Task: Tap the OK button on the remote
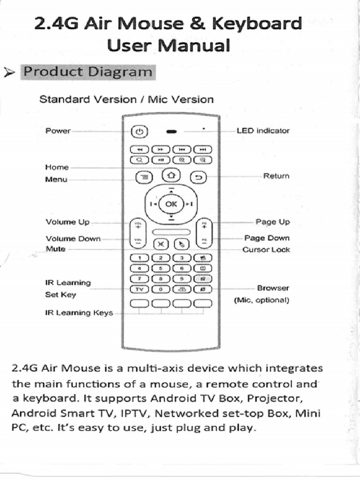click(x=172, y=204)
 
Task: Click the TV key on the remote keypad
click(x=139, y=290)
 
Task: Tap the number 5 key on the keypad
click(x=161, y=268)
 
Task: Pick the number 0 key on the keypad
click(x=161, y=290)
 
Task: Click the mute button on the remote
click(x=161, y=244)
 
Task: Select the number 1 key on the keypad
click(x=139, y=257)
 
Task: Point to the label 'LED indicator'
click(x=263, y=131)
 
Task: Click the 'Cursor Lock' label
click(x=266, y=250)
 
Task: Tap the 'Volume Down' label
click(x=73, y=239)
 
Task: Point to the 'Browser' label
click(x=273, y=288)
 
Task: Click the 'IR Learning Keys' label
click(x=79, y=312)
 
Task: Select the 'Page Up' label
click(x=272, y=222)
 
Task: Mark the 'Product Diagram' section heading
click(x=88, y=72)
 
